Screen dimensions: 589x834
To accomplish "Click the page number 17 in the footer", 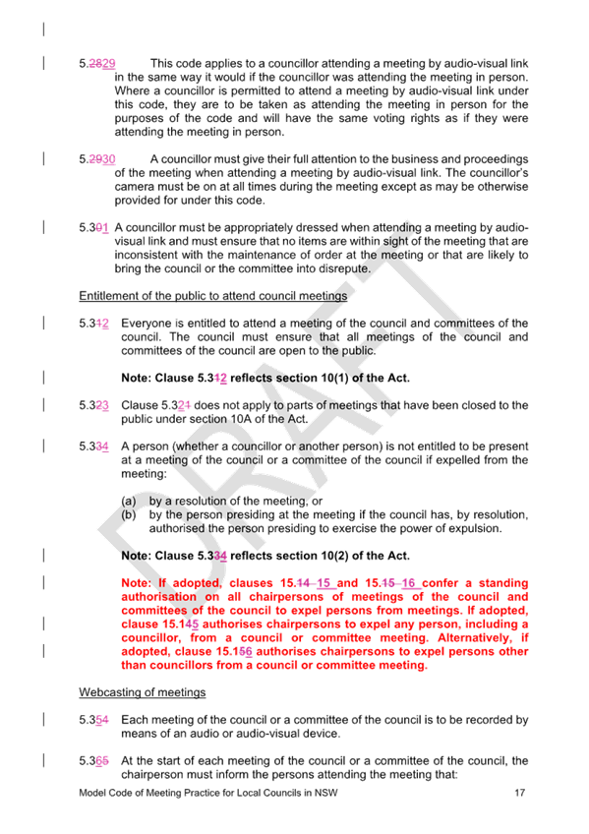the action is (x=519, y=793).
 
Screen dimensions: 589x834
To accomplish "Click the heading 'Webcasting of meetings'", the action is (x=143, y=692).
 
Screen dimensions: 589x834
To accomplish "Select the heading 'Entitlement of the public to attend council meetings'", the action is (x=213, y=296).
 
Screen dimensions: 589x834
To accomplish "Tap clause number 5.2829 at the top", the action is (x=97, y=64).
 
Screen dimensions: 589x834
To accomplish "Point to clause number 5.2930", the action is (x=97, y=159).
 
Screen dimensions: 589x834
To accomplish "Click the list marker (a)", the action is (x=129, y=501).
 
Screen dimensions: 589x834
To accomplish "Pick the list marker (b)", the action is (x=129, y=515).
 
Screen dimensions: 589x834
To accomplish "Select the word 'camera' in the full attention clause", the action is (x=133, y=187).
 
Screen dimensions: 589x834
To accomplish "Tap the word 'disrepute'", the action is (x=344, y=268).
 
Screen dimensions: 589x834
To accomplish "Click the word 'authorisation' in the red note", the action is (x=159, y=597).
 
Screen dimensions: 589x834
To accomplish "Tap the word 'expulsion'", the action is (x=476, y=529).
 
